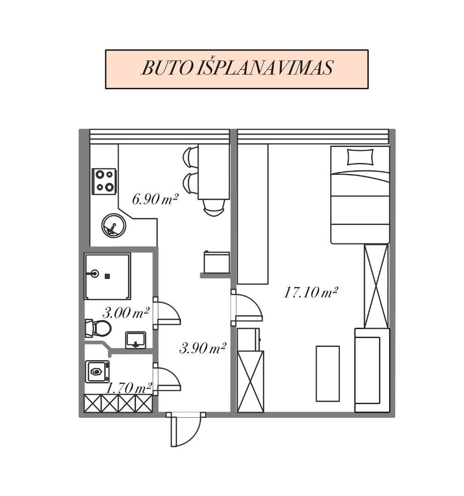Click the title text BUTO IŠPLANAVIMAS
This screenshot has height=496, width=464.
click(x=237, y=68)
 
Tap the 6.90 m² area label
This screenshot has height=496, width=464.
click(x=155, y=200)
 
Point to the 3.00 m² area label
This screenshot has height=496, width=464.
click(x=126, y=313)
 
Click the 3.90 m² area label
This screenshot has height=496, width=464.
click(x=203, y=348)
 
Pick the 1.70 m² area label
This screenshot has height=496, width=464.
click(x=129, y=389)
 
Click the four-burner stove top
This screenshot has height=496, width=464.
click(x=104, y=181)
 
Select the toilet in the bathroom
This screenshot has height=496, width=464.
click(x=98, y=328)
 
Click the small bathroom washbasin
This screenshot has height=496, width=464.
click(x=136, y=340)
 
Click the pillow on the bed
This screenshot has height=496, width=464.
click(x=360, y=157)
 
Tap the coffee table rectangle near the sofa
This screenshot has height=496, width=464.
click(x=328, y=373)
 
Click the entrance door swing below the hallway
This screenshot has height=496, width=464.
click(x=186, y=429)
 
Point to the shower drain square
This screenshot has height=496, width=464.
click(x=108, y=276)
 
